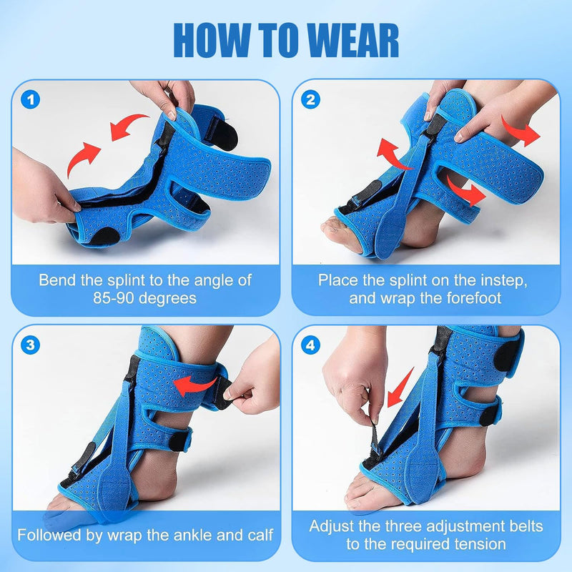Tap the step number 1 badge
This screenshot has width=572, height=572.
click(29, 99)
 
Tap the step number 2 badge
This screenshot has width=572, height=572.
click(310, 99)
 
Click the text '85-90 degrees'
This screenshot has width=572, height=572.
click(145, 297)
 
